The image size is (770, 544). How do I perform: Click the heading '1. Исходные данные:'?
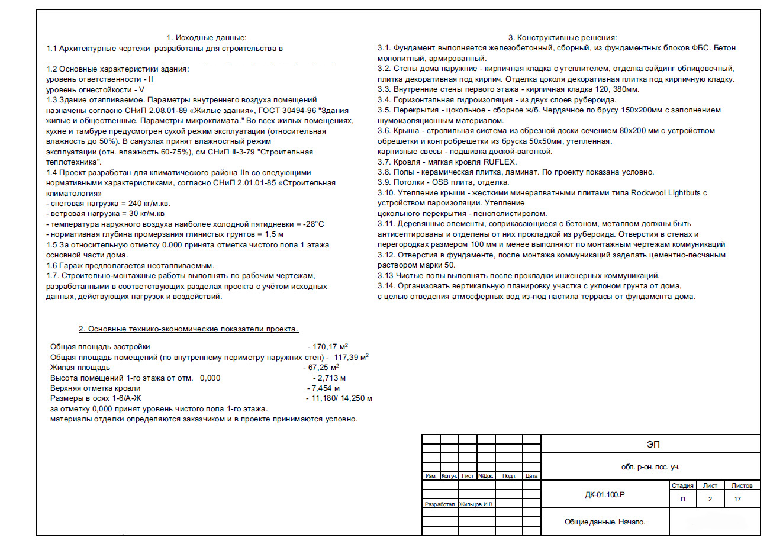pos(206,38)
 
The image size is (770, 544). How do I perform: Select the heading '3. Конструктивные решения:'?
pos(563,38)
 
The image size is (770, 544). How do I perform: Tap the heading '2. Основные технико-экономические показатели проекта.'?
pos(189,329)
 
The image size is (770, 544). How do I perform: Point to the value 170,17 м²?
pos(330,346)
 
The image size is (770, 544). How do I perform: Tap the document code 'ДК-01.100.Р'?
pos(605,494)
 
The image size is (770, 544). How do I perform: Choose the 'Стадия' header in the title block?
pos(683,485)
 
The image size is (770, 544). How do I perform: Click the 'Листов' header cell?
pos(742,485)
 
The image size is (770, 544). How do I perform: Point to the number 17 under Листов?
pos(737,499)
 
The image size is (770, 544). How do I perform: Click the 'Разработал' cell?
pos(439,504)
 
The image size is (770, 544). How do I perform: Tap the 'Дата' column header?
pos(531,476)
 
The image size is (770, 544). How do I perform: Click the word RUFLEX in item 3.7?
pos(500,162)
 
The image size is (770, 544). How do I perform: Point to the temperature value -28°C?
pos(312,224)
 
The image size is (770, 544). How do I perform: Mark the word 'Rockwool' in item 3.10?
pos(648,193)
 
